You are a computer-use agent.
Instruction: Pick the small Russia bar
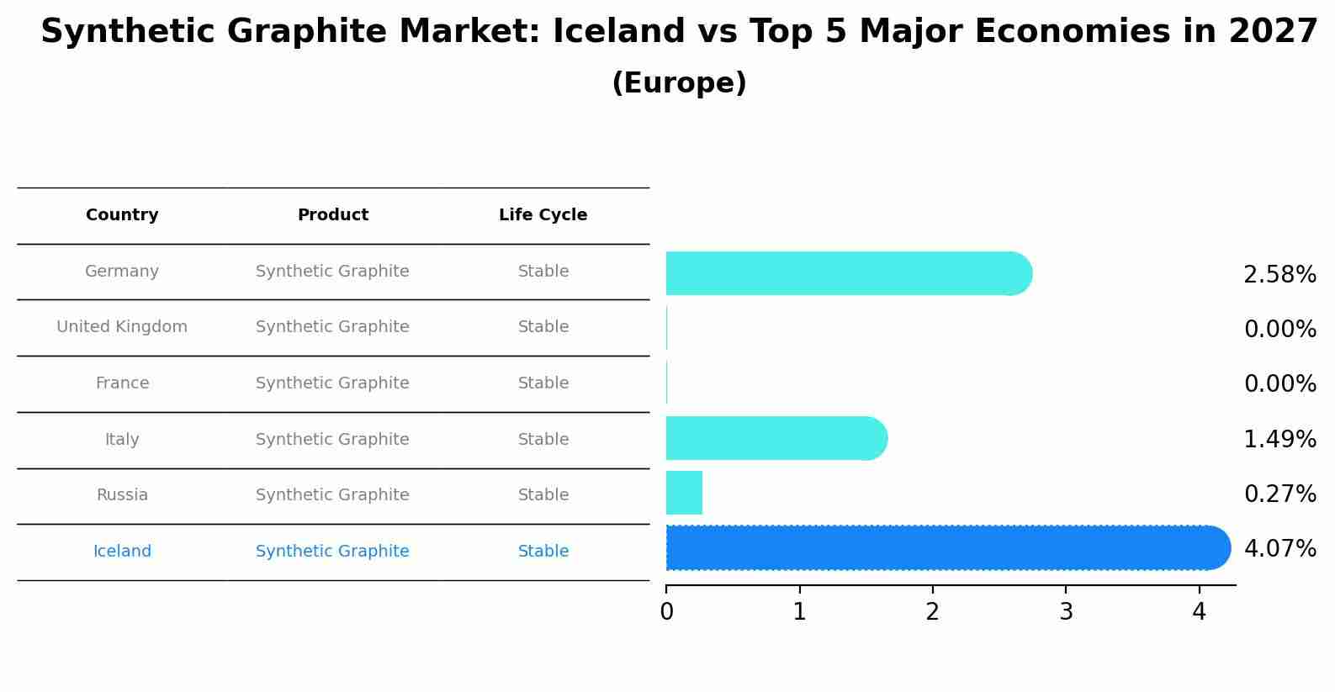pos(684,493)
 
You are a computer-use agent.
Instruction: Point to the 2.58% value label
pos(1279,275)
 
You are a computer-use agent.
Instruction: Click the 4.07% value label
pos(1279,549)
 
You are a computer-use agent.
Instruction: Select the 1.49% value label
pos(1279,439)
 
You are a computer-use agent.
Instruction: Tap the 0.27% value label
pos(1279,494)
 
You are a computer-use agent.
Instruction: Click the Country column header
pos(122,215)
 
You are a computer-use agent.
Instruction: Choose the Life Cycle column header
pos(543,215)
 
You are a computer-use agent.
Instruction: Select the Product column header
pos(332,215)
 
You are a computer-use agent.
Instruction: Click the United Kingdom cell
pos(122,327)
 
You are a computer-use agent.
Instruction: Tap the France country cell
pos(122,383)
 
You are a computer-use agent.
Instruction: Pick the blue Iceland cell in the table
pos(122,552)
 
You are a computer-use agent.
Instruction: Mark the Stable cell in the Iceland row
pos(543,552)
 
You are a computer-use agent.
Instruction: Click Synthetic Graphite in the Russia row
pos(332,495)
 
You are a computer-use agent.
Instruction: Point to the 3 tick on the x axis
pos(1066,612)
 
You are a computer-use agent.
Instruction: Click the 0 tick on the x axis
pos(666,612)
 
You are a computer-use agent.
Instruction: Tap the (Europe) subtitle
pos(679,83)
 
